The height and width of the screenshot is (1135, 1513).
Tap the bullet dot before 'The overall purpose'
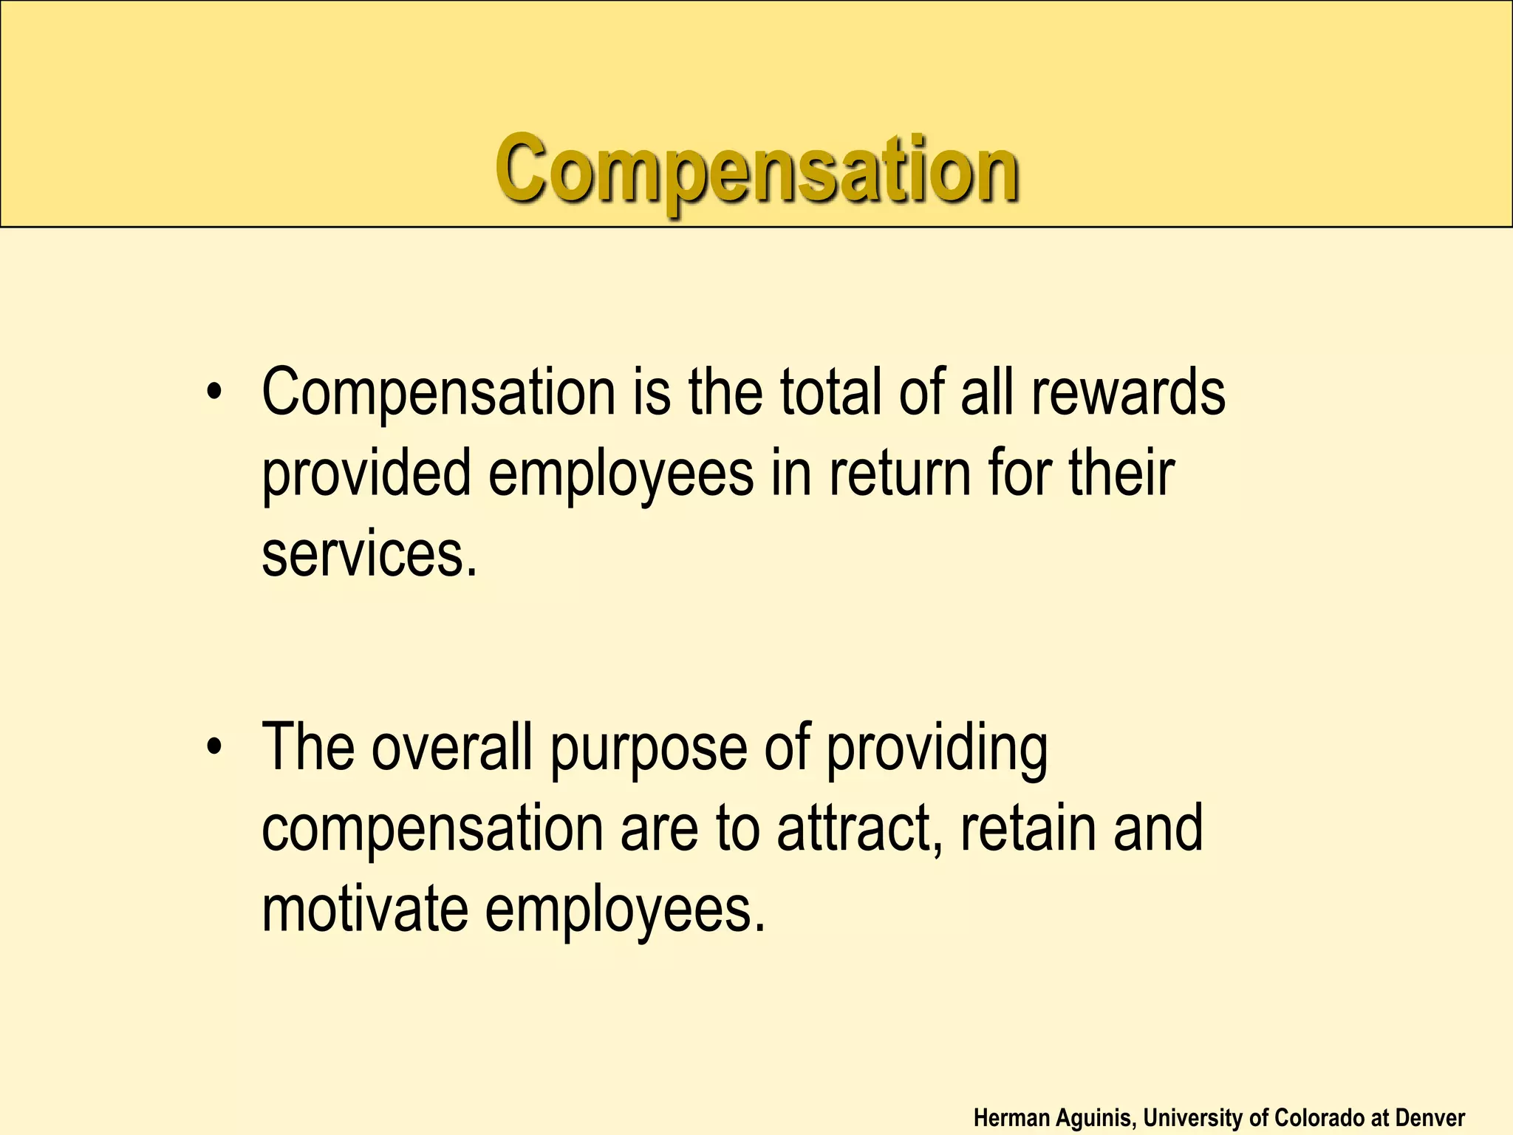pyautogui.click(x=214, y=747)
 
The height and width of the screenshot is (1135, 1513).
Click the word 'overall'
pyautogui.click(x=451, y=747)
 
